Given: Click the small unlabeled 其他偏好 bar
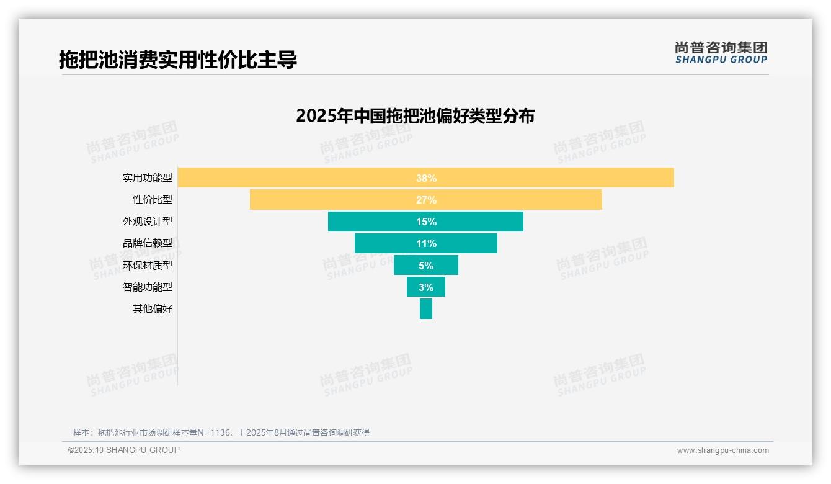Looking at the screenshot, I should tap(426, 309).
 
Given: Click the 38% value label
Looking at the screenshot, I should tap(426, 178).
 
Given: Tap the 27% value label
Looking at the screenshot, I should tap(426, 200).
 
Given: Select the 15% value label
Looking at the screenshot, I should tap(426, 222).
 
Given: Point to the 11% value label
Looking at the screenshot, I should tap(426, 243).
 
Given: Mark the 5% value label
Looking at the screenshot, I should tap(426, 266).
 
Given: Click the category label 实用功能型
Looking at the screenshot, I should tap(148, 178).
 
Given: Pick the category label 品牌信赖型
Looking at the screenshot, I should tap(148, 243).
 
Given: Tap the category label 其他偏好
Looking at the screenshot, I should tap(153, 309).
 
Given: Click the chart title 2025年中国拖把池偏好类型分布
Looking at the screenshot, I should tap(415, 116).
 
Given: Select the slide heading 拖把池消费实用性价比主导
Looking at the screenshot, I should tap(178, 60).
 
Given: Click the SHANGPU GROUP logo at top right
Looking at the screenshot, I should tap(721, 53).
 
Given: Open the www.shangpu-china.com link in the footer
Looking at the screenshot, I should tap(722, 450).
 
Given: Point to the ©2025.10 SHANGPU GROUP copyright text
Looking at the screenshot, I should tap(124, 450).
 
